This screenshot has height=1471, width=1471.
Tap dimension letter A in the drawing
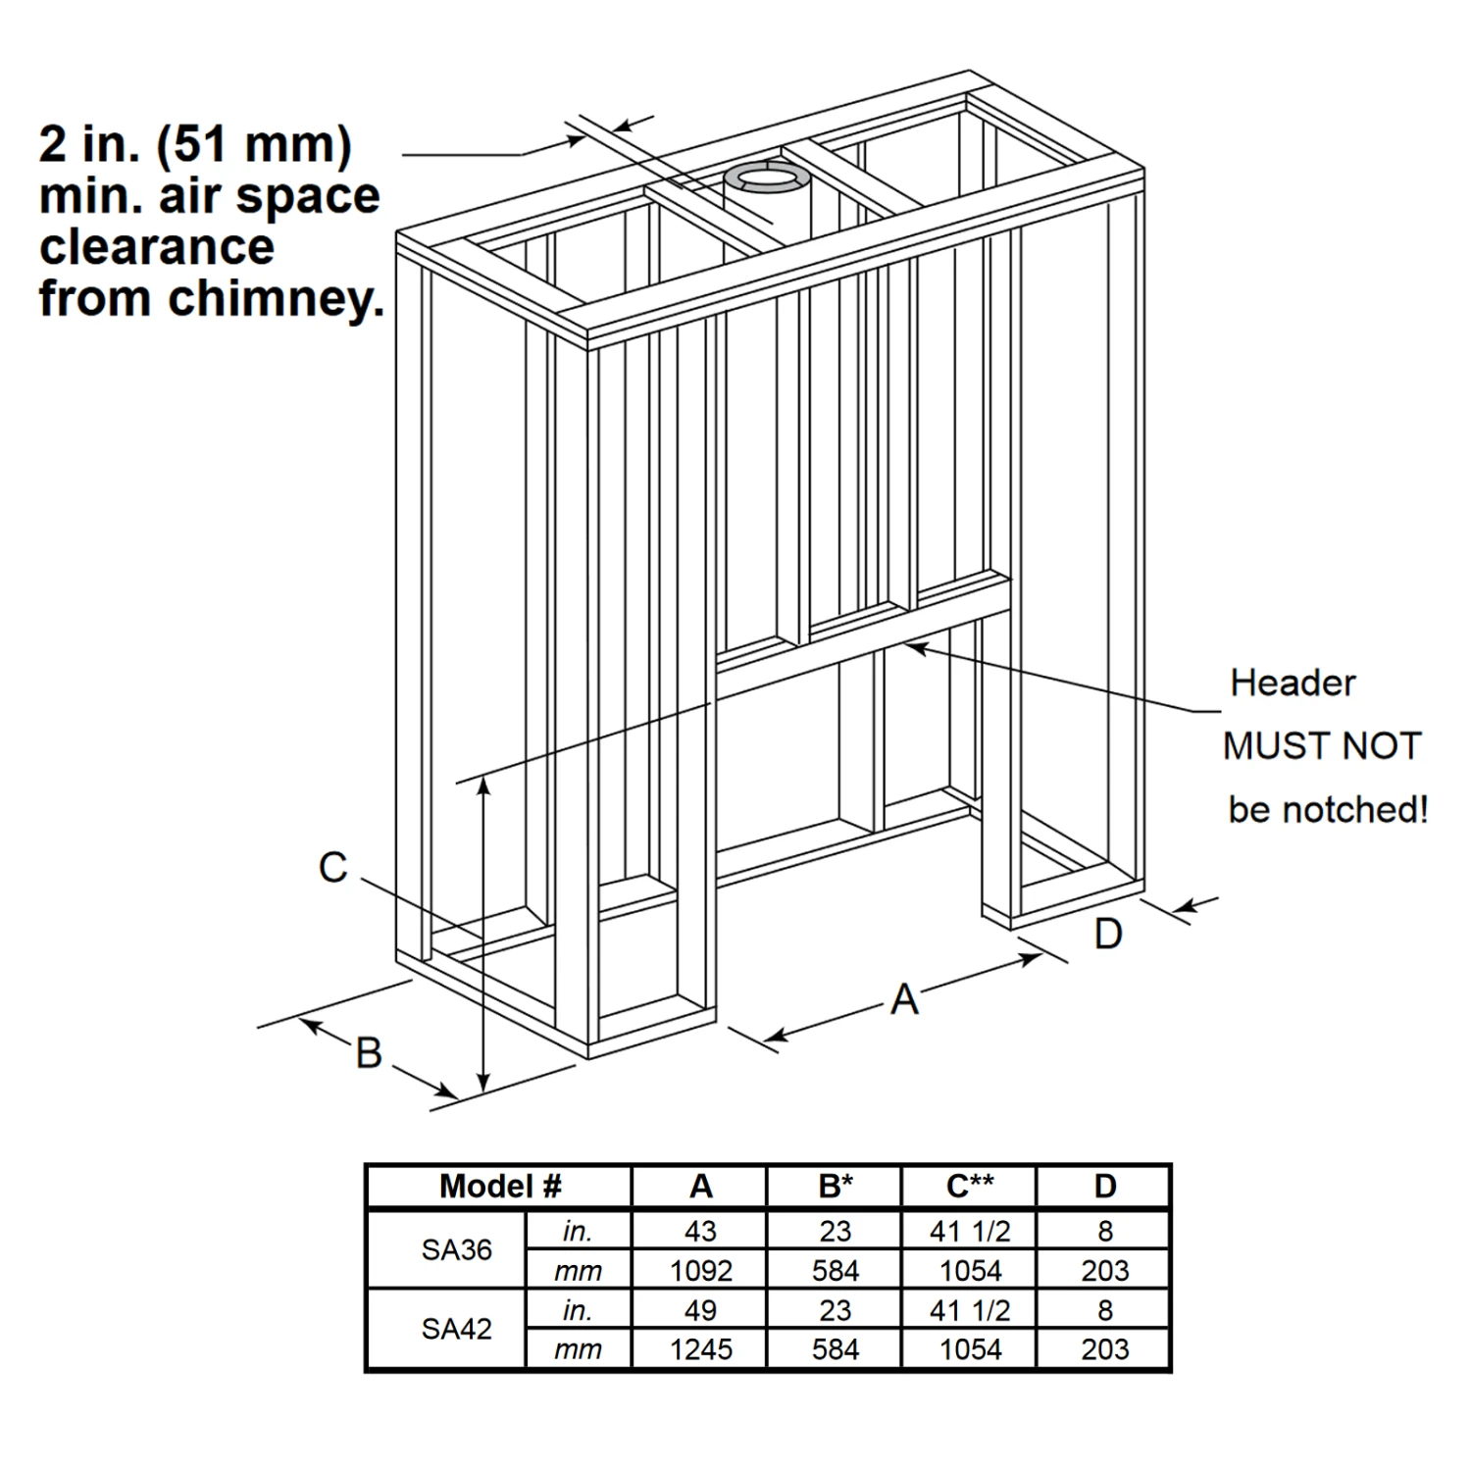[x=904, y=999]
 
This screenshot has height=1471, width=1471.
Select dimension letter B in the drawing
[x=369, y=1053]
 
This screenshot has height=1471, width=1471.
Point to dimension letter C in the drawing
[x=333, y=868]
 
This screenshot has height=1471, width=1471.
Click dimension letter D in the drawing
[x=1108, y=934]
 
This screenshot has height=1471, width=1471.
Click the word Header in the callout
[x=1293, y=683]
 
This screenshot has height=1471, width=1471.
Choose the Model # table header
[x=500, y=1187]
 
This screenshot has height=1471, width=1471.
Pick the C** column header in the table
[x=970, y=1187]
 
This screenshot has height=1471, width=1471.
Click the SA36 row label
[x=457, y=1250]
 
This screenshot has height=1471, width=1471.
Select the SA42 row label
[x=457, y=1329]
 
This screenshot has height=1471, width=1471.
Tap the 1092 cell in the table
[x=701, y=1271]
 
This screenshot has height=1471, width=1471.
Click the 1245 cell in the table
[x=701, y=1349]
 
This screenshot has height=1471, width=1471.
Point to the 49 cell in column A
[x=701, y=1310]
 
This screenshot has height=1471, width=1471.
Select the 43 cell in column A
[x=701, y=1231]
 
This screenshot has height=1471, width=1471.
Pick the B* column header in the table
[x=836, y=1187]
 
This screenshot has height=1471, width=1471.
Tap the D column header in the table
[x=1105, y=1187]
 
